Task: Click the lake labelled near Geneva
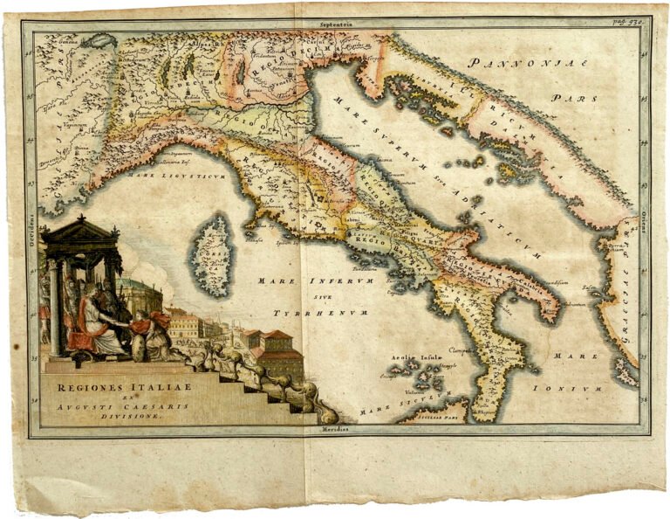click(98, 41)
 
